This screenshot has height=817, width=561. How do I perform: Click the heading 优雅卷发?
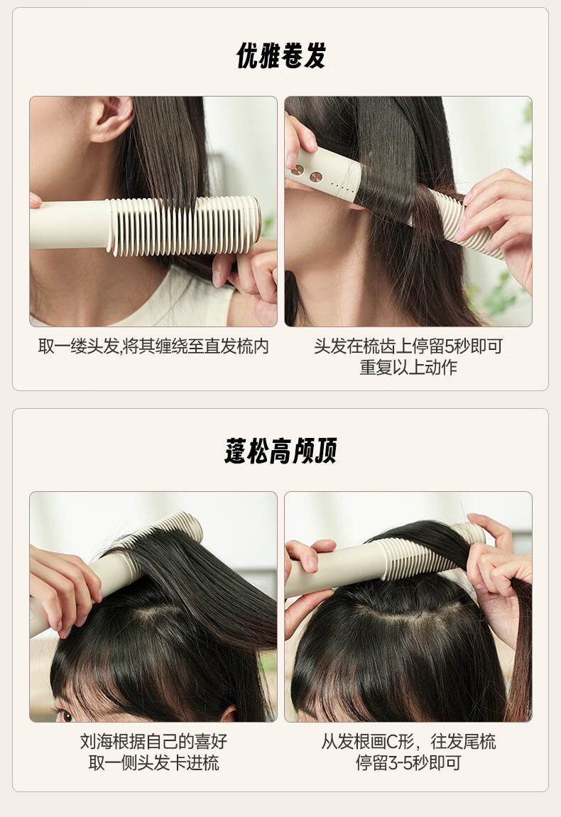[x=281, y=56]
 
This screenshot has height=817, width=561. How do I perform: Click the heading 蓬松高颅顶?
[x=281, y=451]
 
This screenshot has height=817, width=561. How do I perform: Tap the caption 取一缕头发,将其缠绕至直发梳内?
[x=153, y=346]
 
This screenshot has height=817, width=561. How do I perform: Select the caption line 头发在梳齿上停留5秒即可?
[x=408, y=346]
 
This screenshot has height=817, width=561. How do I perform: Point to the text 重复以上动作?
[x=408, y=368]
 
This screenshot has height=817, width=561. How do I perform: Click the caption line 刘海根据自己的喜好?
[x=153, y=741]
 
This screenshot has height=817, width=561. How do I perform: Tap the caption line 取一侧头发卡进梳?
[x=153, y=763]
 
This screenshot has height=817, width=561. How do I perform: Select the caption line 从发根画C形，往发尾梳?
[x=408, y=741]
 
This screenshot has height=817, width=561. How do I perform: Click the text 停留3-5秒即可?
[x=408, y=763]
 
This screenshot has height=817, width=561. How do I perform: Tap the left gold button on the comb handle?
[x=298, y=170]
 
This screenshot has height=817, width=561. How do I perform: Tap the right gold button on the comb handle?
[x=316, y=177]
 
